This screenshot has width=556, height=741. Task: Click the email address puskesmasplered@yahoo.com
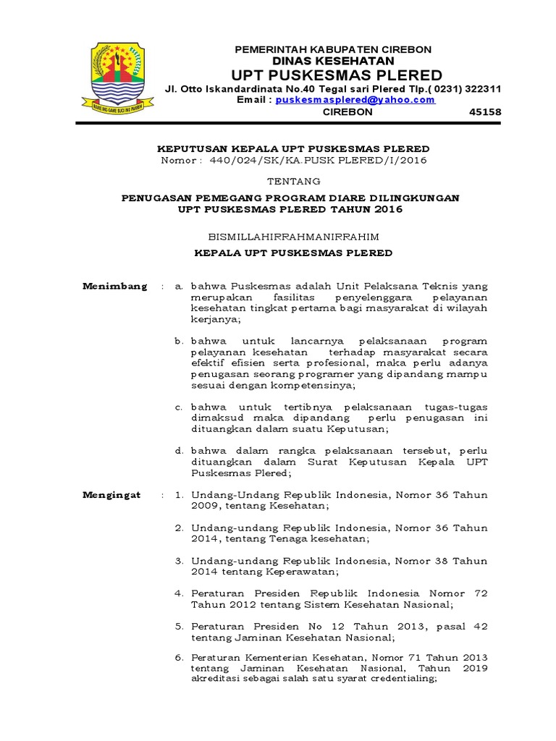(355, 100)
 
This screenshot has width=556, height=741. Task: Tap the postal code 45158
(486, 112)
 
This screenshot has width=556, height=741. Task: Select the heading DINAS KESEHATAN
(333, 62)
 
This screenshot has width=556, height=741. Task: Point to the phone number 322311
(481, 88)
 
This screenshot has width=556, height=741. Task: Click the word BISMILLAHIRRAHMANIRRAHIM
(293, 236)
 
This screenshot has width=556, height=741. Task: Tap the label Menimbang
(115, 287)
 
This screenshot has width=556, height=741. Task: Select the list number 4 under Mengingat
(179, 593)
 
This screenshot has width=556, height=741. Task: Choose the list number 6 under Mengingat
(179, 657)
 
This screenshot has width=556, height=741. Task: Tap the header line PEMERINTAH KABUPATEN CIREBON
(333, 49)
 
